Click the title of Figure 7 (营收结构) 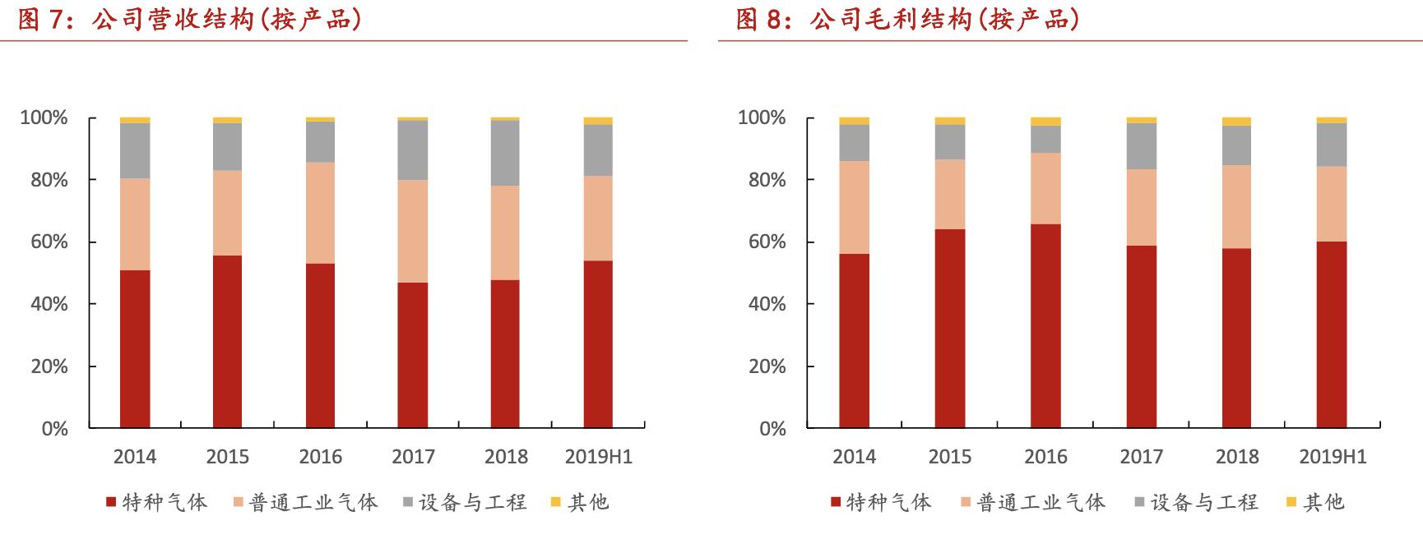point(190,20)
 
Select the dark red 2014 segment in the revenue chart point(135,349)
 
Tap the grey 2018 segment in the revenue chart point(505,153)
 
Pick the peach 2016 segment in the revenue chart point(320,213)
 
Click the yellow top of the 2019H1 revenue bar point(598,121)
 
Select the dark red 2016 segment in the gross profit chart point(1045,326)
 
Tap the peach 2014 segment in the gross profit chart point(854,207)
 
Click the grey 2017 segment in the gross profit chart point(1141,146)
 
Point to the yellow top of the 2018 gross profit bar point(1236,122)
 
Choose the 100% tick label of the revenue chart point(44,118)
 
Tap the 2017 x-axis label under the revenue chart point(413,457)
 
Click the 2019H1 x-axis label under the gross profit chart point(1332,457)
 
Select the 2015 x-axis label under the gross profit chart point(949,457)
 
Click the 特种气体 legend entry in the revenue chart point(157,502)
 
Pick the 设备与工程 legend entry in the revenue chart point(465,502)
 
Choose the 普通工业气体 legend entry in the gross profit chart point(1033,502)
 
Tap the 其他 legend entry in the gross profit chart point(1316,502)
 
